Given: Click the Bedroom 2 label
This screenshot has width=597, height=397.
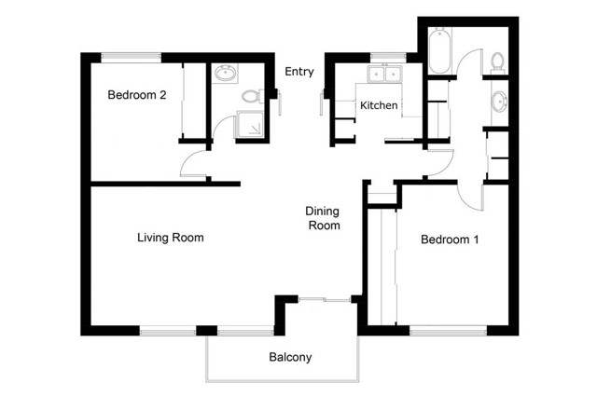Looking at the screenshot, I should pyautogui.click(x=137, y=94).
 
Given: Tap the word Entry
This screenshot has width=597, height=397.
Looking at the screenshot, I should pyautogui.click(x=299, y=72).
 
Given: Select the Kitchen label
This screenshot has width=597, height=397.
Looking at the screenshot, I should pyautogui.click(x=380, y=105).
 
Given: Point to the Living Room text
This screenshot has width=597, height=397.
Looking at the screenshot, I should pyautogui.click(x=171, y=238).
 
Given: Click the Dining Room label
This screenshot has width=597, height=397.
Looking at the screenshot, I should pyautogui.click(x=324, y=218).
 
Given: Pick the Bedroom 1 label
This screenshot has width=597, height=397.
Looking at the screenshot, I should pyautogui.click(x=450, y=240).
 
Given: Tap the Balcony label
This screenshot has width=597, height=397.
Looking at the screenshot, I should pyautogui.click(x=290, y=357).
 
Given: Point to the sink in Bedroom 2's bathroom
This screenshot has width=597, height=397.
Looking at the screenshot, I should pyautogui.click(x=226, y=74).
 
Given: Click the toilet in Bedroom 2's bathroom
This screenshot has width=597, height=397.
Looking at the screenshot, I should pyautogui.click(x=250, y=95).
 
